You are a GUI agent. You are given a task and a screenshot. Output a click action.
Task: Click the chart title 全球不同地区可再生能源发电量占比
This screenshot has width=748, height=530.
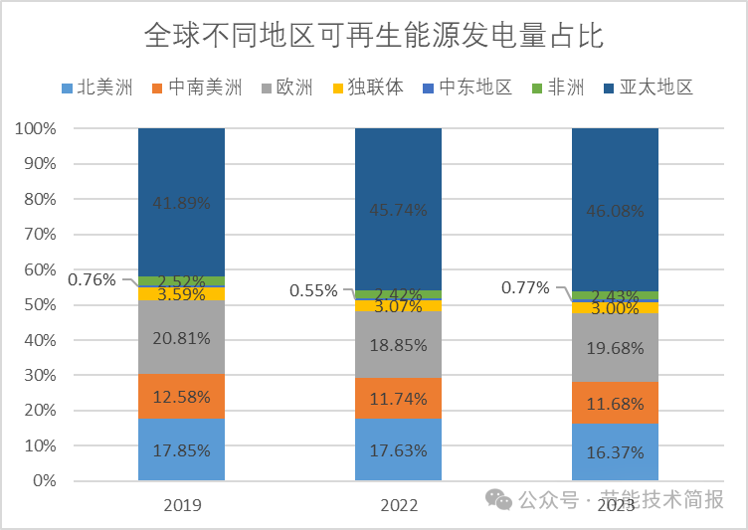tap(374, 37)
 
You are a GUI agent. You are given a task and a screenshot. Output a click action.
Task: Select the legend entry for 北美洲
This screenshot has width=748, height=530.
tap(96, 87)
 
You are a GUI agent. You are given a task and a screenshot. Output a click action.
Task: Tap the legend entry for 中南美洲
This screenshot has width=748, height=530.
tap(196, 87)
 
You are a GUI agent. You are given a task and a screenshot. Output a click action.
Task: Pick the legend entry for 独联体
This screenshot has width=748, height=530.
tap(369, 87)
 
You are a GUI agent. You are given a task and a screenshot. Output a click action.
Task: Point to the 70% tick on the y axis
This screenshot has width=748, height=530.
tap(39, 235)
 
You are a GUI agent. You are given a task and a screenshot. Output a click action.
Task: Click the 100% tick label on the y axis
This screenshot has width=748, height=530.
tap(35, 129)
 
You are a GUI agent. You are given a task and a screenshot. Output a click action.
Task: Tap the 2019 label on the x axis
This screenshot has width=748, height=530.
tap(181, 505)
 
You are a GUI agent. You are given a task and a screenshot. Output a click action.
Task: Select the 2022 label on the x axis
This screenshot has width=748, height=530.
tap(399, 505)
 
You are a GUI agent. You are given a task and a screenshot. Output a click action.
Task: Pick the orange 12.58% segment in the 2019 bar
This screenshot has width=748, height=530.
tap(181, 396)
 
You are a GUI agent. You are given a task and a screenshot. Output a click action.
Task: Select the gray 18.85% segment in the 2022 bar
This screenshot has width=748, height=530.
tap(399, 344)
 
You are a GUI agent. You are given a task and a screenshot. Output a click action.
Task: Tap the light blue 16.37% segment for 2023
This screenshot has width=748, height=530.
tap(615, 451)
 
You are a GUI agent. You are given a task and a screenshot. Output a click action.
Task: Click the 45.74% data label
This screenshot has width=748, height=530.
tap(399, 210)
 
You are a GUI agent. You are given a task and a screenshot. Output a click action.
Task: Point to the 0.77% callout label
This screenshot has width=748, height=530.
tap(525, 288)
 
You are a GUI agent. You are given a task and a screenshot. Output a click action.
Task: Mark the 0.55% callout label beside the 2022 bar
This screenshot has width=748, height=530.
tap(313, 291)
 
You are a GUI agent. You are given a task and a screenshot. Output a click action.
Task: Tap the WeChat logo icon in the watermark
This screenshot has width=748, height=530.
tap(500, 498)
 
